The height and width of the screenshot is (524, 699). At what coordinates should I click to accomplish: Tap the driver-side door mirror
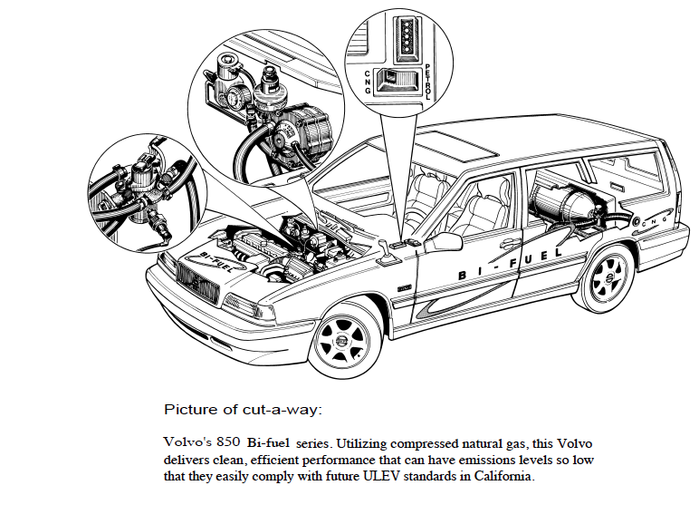[x=446, y=242]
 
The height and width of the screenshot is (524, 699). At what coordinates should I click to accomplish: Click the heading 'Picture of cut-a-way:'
[x=242, y=410]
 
